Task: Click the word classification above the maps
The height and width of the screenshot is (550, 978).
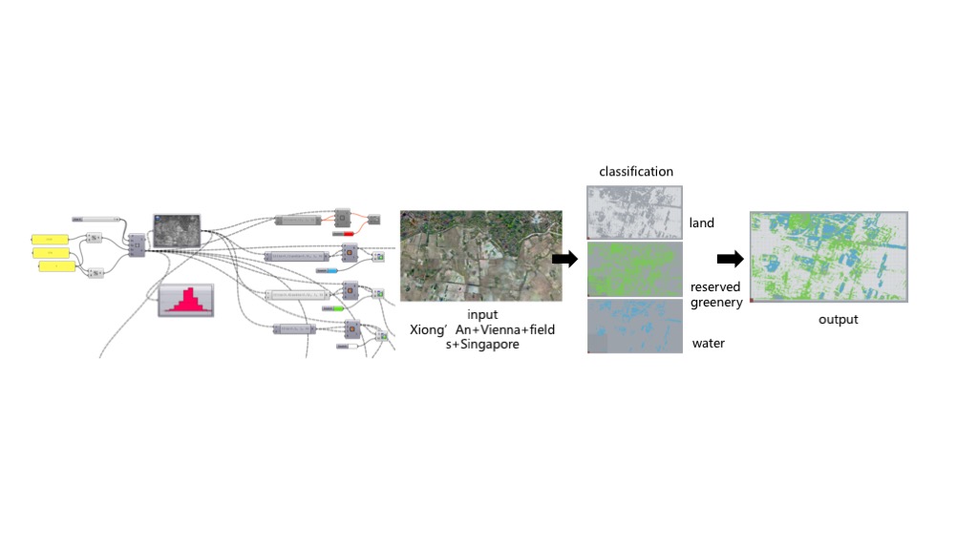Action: click(x=636, y=172)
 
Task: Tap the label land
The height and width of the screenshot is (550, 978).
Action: click(x=701, y=223)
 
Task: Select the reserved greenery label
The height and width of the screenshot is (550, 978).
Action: click(x=715, y=294)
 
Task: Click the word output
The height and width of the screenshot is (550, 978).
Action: click(x=838, y=319)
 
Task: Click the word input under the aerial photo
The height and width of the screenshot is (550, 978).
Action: click(x=482, y=315)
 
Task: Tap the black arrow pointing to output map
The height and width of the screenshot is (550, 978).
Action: click(x=731, y=258)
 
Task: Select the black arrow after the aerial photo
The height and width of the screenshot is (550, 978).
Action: click(x=565, y=259)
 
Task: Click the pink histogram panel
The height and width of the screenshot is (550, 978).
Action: click(x=187, y=300)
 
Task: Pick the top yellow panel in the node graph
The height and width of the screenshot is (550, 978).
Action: click(x=50, y=238)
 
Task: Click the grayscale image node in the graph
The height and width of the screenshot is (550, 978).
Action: click(x=178, y=229)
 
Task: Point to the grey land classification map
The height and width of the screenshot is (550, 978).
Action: click(x=634, y=211)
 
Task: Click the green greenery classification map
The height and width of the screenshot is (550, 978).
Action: click(x=634, y=269)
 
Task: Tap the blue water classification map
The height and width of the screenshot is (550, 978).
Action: click(x=634, y=327)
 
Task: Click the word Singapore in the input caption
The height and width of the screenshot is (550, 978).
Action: click(x=488, y=344)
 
